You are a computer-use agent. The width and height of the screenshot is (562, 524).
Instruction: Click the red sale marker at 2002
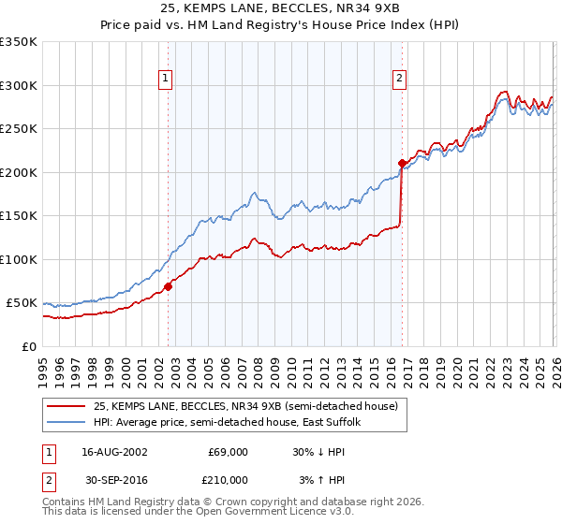pos(169,286)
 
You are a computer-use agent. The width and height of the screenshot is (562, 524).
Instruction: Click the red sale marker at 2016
pos(402,163)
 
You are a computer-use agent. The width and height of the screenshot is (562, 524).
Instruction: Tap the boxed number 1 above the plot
pos(166,80)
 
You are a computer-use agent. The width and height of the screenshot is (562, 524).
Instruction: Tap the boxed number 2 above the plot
pos(400,80)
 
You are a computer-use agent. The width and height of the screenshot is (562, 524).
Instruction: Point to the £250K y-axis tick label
pos(19,129)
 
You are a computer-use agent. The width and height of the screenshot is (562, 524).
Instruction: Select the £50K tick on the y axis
pos(22,303)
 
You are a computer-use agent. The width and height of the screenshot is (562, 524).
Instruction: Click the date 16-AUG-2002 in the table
pos(111,451)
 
